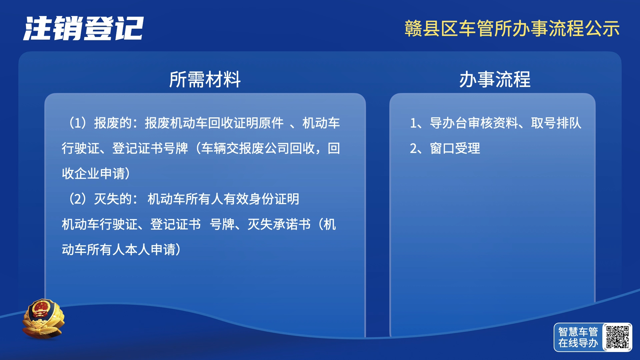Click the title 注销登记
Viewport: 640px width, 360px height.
pos(83,28)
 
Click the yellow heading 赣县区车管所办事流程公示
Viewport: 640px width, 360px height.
pos(512,28)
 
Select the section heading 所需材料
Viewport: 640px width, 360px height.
pos(205,79)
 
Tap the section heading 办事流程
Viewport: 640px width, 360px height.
pos(495,79)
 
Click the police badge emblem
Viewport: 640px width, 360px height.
pos(43,319)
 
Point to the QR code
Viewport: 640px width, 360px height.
pos(617,337)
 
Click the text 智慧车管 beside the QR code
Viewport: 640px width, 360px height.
pos(578,332)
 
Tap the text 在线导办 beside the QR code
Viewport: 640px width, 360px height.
pos(578,343)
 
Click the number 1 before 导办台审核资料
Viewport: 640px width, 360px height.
pos(413,123)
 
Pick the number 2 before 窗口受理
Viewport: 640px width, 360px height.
pos(413,149)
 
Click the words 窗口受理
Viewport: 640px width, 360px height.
pos(455,148)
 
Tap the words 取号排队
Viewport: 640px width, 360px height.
pos(556,123)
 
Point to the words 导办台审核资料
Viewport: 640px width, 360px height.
pos(474,123)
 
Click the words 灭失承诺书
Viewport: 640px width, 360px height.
pos(279,224)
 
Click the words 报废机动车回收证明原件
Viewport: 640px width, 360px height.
pos(214,123)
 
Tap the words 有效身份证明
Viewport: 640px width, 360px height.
pos(261,199)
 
